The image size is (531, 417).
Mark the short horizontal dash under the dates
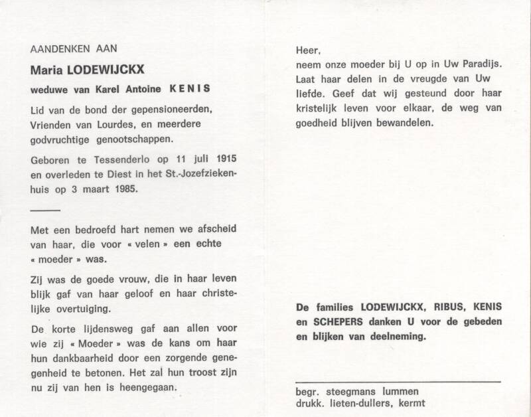click(46, 209)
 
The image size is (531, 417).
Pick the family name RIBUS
click(441, 307)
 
